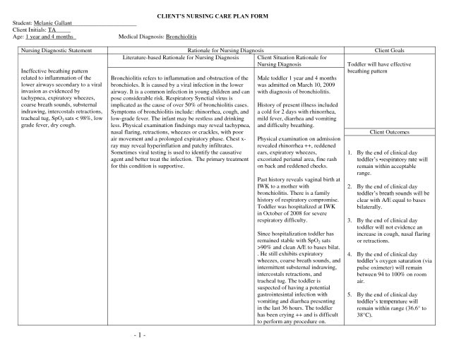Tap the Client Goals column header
point(401,51)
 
